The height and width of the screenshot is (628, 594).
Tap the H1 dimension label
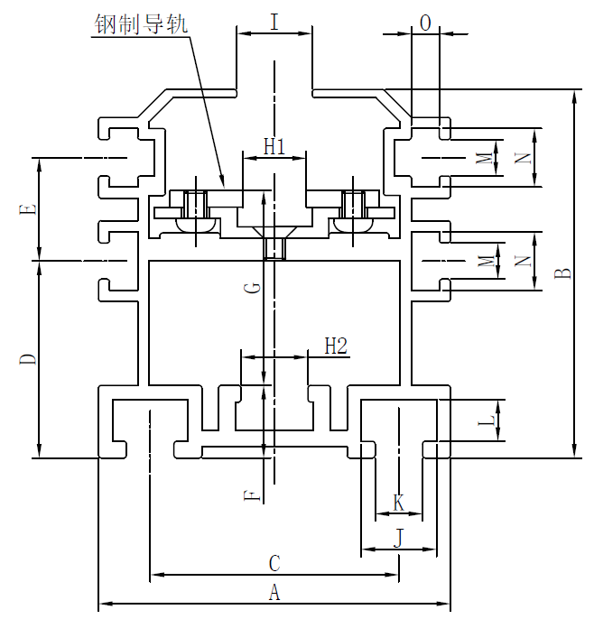pos(274,145)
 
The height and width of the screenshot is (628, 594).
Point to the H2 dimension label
pos(336,345)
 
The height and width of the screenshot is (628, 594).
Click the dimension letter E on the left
pos(28,209)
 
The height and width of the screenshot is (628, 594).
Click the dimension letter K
pos(398,503)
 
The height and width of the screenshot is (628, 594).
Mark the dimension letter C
pos(274,563)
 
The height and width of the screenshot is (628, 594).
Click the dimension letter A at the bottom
pos(274,593)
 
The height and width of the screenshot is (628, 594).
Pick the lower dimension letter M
pos(486,263)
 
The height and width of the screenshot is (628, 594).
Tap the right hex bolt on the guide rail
pos(351,209)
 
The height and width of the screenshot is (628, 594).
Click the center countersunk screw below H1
pos(274,245)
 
